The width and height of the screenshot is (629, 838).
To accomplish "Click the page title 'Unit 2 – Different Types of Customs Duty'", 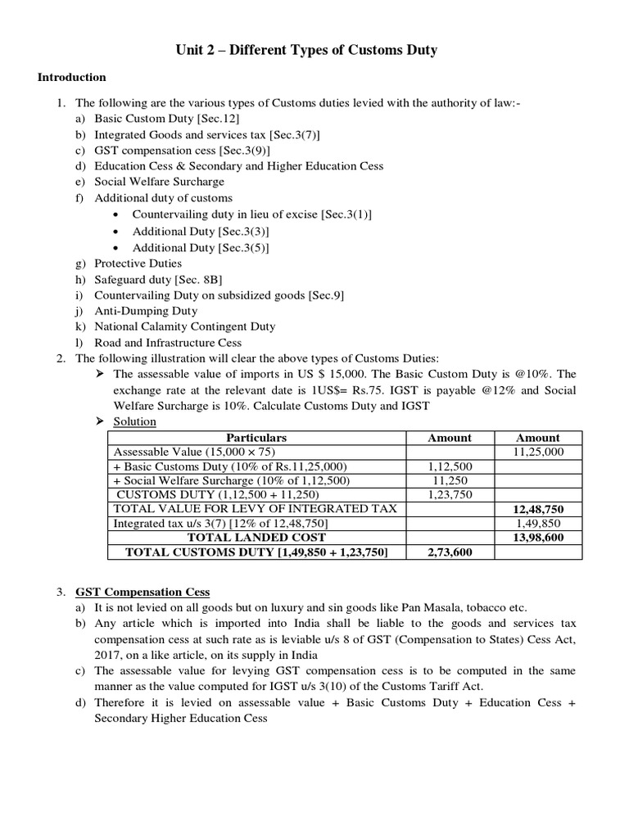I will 306,51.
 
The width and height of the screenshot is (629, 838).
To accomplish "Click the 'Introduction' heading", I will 72,78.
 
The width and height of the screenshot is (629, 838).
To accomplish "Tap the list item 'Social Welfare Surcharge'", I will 159,182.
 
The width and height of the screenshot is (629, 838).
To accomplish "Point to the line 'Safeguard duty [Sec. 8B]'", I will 152,279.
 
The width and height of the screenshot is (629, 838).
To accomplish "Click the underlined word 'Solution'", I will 134,422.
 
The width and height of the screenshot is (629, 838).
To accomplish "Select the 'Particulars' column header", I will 256,438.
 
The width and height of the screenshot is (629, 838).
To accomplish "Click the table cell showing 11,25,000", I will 538,452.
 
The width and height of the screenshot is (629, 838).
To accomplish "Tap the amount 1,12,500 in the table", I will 450,466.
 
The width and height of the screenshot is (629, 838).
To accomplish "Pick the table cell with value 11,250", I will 450,480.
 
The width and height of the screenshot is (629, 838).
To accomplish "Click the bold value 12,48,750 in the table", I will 538,509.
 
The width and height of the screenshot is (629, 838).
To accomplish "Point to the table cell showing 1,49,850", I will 538,524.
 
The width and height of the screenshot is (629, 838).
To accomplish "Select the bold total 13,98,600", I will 538,538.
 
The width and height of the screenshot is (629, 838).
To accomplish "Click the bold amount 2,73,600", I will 450,552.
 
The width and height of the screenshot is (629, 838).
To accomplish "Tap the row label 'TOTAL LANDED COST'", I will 256,538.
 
